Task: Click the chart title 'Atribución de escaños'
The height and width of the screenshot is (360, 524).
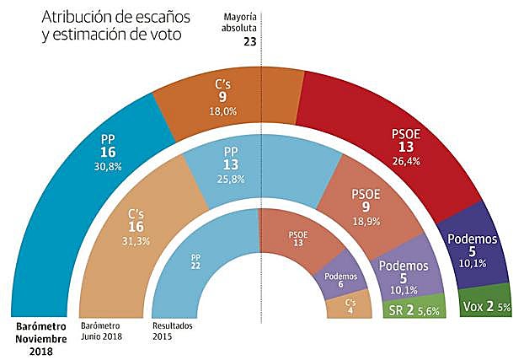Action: tap(110, 17)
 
